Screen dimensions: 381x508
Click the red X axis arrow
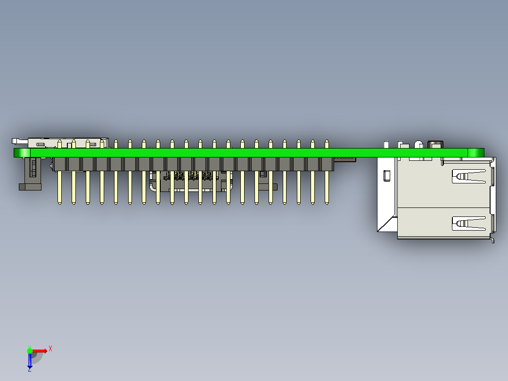tap(41, 350)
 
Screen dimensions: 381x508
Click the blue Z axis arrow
tap(30, 361)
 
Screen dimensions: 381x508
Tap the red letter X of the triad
tap(50, 348)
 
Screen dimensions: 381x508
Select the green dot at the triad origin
tap(30, 350)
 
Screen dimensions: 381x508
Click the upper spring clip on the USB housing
tap(468, 176)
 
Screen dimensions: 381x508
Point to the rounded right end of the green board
tap(476, 152)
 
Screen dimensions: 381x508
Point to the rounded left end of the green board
tap(22, 153)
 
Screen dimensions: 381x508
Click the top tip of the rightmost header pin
tap(327, 141)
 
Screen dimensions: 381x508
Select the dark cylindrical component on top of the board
tap(435, 144)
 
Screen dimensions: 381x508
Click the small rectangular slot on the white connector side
tap(387, 176)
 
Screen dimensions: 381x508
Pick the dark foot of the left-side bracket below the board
tap(30, 187)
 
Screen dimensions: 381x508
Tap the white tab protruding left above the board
tap(17, 141)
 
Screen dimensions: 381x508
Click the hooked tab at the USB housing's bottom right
tap(492, 240)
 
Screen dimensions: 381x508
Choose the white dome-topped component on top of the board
tap(418, 144)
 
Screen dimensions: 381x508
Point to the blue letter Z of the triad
tap(29, 370)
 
